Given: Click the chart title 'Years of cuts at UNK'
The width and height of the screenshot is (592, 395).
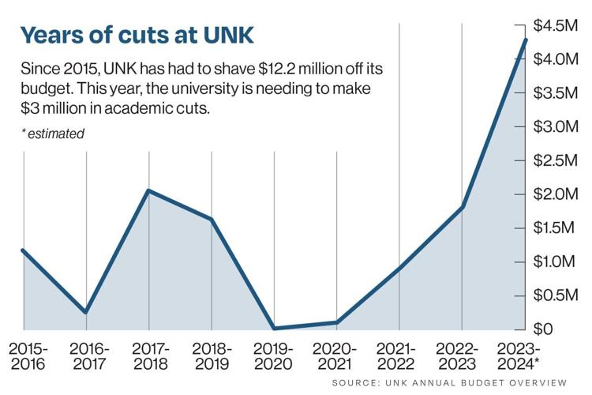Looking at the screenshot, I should click(138, 35).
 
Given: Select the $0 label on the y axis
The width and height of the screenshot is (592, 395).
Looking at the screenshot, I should click(549, 329).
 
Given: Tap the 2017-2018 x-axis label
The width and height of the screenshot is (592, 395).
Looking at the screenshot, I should click(150, 355).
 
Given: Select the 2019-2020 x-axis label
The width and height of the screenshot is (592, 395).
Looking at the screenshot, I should click(274, 355).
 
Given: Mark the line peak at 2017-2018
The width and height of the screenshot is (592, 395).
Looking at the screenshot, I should click(148, 191).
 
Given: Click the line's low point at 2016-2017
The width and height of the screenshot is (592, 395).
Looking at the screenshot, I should click(85, 312).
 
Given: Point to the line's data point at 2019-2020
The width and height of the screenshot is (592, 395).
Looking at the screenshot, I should click(274, 328).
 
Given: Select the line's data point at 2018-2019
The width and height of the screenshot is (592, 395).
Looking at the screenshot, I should click(212, 220).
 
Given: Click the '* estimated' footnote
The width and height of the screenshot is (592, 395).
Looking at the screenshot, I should click(52, 134).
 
